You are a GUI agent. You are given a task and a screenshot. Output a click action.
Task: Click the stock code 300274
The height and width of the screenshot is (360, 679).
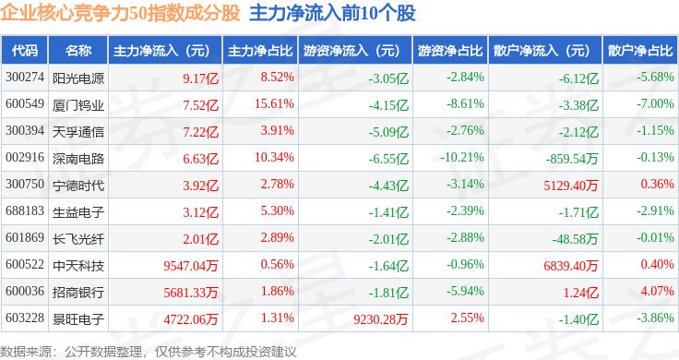pyautogui.click(x=25, y=78)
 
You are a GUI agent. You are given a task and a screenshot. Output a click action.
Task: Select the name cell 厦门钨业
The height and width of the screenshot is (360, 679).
pyautogui.click(x=78, y=105)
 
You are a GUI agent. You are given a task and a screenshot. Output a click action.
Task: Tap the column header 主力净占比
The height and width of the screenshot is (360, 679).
pyautogui.click(x=260, y=51)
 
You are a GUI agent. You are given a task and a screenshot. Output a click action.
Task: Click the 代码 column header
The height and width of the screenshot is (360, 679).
pyautogui.click(x=25, y=51)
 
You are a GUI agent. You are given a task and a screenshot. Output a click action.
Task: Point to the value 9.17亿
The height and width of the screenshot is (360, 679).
pyautogui.click(x=200, y=78)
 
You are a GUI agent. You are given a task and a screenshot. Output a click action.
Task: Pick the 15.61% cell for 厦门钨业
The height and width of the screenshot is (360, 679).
pyautogui.click(x=275, y=104)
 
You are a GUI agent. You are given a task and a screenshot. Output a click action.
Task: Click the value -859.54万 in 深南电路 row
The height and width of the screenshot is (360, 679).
pyautogui.click(x=572, y=159)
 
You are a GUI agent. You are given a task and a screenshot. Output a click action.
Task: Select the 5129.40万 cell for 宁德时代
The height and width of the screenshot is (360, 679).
pyautogui.click(x=571, y=186)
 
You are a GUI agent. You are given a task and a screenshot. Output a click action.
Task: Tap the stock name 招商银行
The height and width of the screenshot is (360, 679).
pyautogui.click(x=78, y=293)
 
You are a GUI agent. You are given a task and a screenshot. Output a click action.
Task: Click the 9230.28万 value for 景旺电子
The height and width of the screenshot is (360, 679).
pyautogui.click(x=381, y=319)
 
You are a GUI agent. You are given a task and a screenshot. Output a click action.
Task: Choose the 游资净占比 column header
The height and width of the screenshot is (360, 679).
pyautogui.click(x=450, y=51)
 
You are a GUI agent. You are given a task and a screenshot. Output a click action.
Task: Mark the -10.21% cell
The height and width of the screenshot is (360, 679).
pyautogui.click(x=462, y=157)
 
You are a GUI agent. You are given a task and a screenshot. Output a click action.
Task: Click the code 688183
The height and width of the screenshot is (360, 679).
pyautogui.click(x=25, y=211)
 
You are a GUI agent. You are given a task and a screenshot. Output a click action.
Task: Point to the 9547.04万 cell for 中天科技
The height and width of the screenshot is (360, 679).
pyautogui.click(x=191, y=266)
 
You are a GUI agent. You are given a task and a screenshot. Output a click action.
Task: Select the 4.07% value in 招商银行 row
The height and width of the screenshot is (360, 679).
pyautogui.click(x=658, y=291)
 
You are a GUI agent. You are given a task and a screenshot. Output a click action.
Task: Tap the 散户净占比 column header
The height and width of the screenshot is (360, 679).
pyautogui.click(x=640, y=51)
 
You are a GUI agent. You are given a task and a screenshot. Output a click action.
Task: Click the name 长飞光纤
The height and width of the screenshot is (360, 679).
pyautogui.click(x=78, y=239)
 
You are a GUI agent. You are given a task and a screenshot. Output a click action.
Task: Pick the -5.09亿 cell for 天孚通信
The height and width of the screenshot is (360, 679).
pyautogui.click(x=388, y=132)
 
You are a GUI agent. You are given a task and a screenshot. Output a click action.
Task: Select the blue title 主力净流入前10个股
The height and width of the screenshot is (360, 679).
pyautogui.click(x=332, y=13)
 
